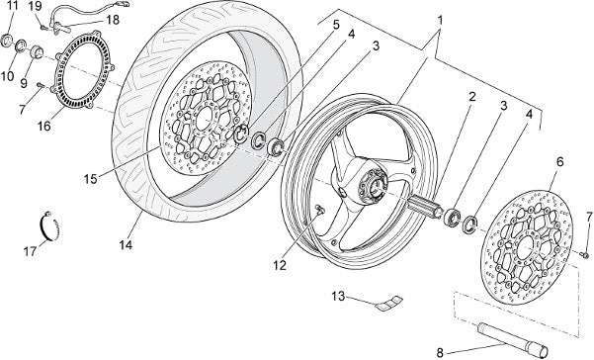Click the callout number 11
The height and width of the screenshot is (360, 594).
tap(12, 6)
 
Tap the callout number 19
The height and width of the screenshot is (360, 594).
tap(36, 6)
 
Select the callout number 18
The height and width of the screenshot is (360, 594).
tap(113, 20)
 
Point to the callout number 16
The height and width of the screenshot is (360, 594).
tap(44, 127)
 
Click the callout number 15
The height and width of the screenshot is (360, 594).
tap(91, 179)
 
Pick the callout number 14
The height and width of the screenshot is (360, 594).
tap(126, 245)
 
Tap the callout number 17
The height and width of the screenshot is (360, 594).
tap(30, 251)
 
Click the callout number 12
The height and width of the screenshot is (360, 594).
tap(280, 266)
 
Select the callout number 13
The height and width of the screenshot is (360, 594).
tap(339, 296)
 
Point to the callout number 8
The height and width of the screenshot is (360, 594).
tap(440, 353)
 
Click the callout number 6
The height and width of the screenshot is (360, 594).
tap(560, 162)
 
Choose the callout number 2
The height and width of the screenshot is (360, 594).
tap(471, 97)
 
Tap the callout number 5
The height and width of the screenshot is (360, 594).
tap(336, 25)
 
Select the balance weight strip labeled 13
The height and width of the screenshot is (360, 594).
tap(390, 301)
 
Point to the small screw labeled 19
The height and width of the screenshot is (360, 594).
tap(44, 28)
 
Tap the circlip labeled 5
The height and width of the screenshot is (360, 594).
tap(240, 135)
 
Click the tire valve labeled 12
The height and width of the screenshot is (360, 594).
tap(319, 210)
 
